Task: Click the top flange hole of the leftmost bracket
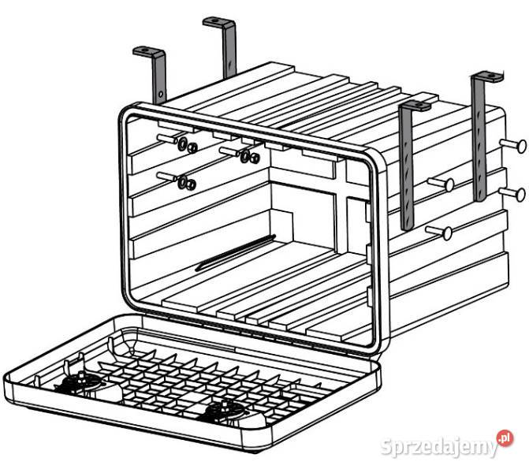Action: coord(145,50)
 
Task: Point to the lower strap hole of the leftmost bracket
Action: coord(161,94)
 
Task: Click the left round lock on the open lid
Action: coord(81,382)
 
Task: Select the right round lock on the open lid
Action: coord(225,409)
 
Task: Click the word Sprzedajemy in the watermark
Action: coord(438,447)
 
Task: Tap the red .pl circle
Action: coord(505,438)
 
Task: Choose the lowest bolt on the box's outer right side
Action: coord(439,233)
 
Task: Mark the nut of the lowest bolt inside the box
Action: coord(191,184)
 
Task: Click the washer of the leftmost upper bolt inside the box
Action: coord(183,144)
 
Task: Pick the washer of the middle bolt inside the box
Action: coord(245,156)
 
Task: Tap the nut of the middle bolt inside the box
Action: coord(255,158)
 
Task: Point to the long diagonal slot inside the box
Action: coord(236,253)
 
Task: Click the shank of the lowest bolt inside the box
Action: coord(167,177)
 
